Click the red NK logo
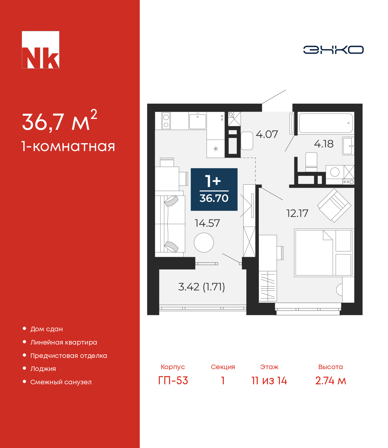[x=40, y=50]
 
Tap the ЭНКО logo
[x=333, y=50]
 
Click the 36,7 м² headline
[x=59, y=121]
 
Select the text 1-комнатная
[x=68, y=147]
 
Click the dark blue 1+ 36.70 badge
[x=214, y=189]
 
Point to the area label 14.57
[x=207, y=223]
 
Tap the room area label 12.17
[x=297, y=214]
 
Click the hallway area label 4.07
[x=267, y=134]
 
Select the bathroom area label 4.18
[x=323, y=144]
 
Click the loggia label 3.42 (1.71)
[x=201, y=287]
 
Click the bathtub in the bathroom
[x=326, y=123]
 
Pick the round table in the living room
[x=204, y=243]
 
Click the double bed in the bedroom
[x=323, y=253]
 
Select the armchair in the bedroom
[x=334, y=205]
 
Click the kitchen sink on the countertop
[x=197, y=121]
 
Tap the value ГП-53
[x=173, y=380]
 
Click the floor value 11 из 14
[x=269, y=380]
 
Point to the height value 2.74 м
[x=330, y=380]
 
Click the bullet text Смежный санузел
[x=61, y=382]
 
